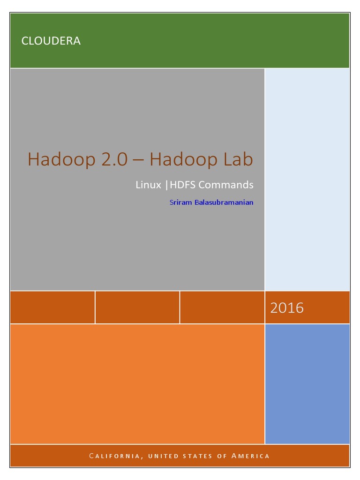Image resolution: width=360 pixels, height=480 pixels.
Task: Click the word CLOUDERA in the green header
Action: (51, 41)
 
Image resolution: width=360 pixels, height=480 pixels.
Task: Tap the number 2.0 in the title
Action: (114, 159)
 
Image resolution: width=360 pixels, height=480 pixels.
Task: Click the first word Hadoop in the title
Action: (61, 159)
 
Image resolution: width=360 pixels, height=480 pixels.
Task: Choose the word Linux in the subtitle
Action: (148, 185)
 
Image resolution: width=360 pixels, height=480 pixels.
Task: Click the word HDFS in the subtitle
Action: (182, 185)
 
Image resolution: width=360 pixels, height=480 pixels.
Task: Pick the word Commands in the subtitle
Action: (226, 185)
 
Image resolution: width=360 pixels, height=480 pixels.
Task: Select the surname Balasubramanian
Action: (224, 202)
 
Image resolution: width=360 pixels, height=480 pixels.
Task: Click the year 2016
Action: (287, 307)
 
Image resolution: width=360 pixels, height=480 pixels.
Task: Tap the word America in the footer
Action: (250, 456)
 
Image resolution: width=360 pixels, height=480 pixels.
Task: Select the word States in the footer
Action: (197, 456)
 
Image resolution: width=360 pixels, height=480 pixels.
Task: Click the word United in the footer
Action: (163, 456)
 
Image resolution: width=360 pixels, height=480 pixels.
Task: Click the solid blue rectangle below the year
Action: (307, 384)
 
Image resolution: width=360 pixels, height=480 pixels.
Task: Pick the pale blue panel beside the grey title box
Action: (307, 180)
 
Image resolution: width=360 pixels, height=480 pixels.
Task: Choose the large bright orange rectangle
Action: (137, 384)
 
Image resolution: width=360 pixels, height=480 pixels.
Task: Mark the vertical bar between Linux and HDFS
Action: (166, 185)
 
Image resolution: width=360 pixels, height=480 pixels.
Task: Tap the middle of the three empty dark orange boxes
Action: (137, 307)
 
